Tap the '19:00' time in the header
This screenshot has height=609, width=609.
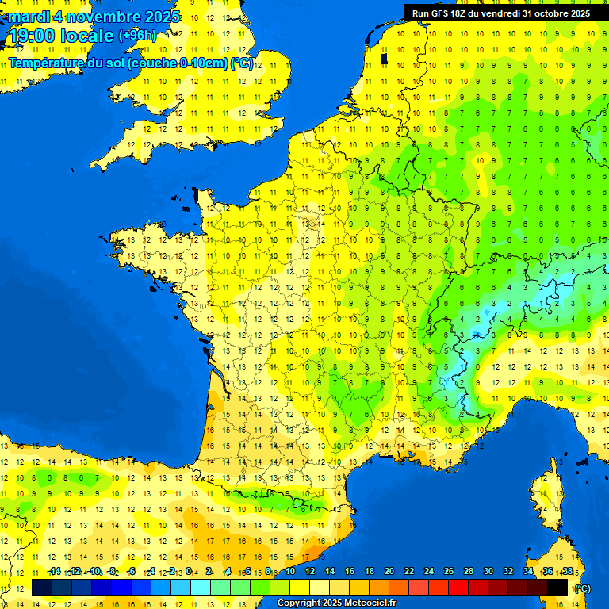tap(33, 36)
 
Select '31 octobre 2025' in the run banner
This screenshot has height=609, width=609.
tap(557, 13)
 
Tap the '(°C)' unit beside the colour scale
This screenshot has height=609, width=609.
tap(582, 588)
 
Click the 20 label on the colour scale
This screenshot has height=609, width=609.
tap(389, 572)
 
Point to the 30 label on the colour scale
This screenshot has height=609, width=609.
tap(488, 572)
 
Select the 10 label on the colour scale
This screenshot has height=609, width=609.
tap(291, 572)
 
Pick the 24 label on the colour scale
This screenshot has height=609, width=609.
tap(429, 572)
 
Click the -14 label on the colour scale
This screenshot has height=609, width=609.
tap(55, 572)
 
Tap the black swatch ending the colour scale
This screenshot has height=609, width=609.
tap(557, 587)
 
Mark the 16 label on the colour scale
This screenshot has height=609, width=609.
tap(350, 572)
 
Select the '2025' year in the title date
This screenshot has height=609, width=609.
tap(162, 17)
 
